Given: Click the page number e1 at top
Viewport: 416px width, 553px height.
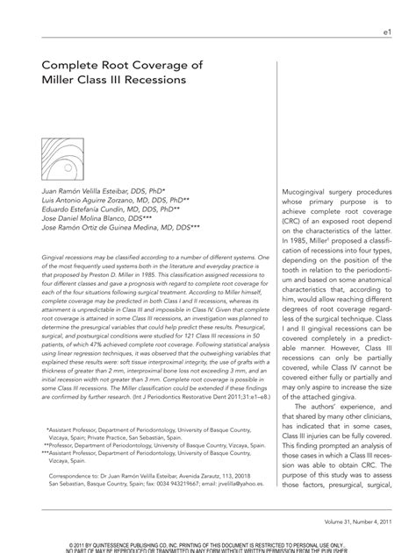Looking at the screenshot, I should pyautogui.click(x=386, y=32).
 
